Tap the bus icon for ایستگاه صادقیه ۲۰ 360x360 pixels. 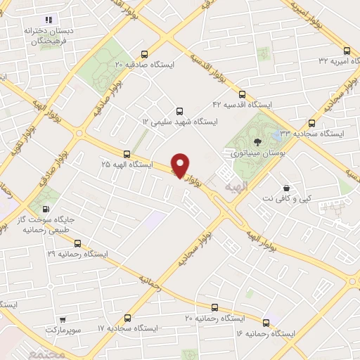click(x=145, y=54)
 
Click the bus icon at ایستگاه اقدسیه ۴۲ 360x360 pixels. click(x=243, y=94)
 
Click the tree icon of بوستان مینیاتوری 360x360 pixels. click(x=259, y=144)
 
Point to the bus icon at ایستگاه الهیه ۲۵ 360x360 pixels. click(x=127, y=154)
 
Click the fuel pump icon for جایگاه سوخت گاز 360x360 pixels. click(x=46, y=209)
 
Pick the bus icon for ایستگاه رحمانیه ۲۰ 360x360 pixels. click(x=214, y=307)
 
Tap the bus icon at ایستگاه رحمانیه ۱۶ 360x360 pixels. click(x=266, y=322)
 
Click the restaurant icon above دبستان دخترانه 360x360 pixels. click(x=49, y=20)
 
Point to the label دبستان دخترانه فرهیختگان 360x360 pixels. click(x=49, y=37)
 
